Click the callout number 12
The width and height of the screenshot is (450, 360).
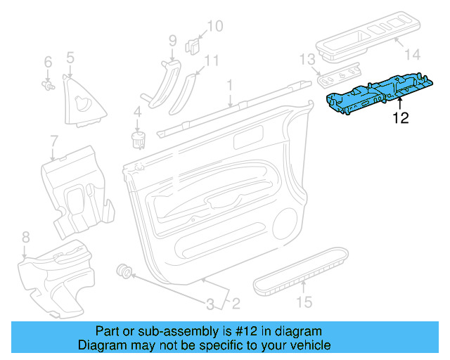pos(400,118)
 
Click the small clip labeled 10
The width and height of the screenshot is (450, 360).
pos(191,46)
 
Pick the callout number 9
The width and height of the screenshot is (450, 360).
pos(172,41)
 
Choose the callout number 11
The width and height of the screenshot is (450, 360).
pos(212,60)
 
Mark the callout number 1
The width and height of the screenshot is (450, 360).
pos(229,86)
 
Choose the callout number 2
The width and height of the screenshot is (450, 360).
pos(236,304)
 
